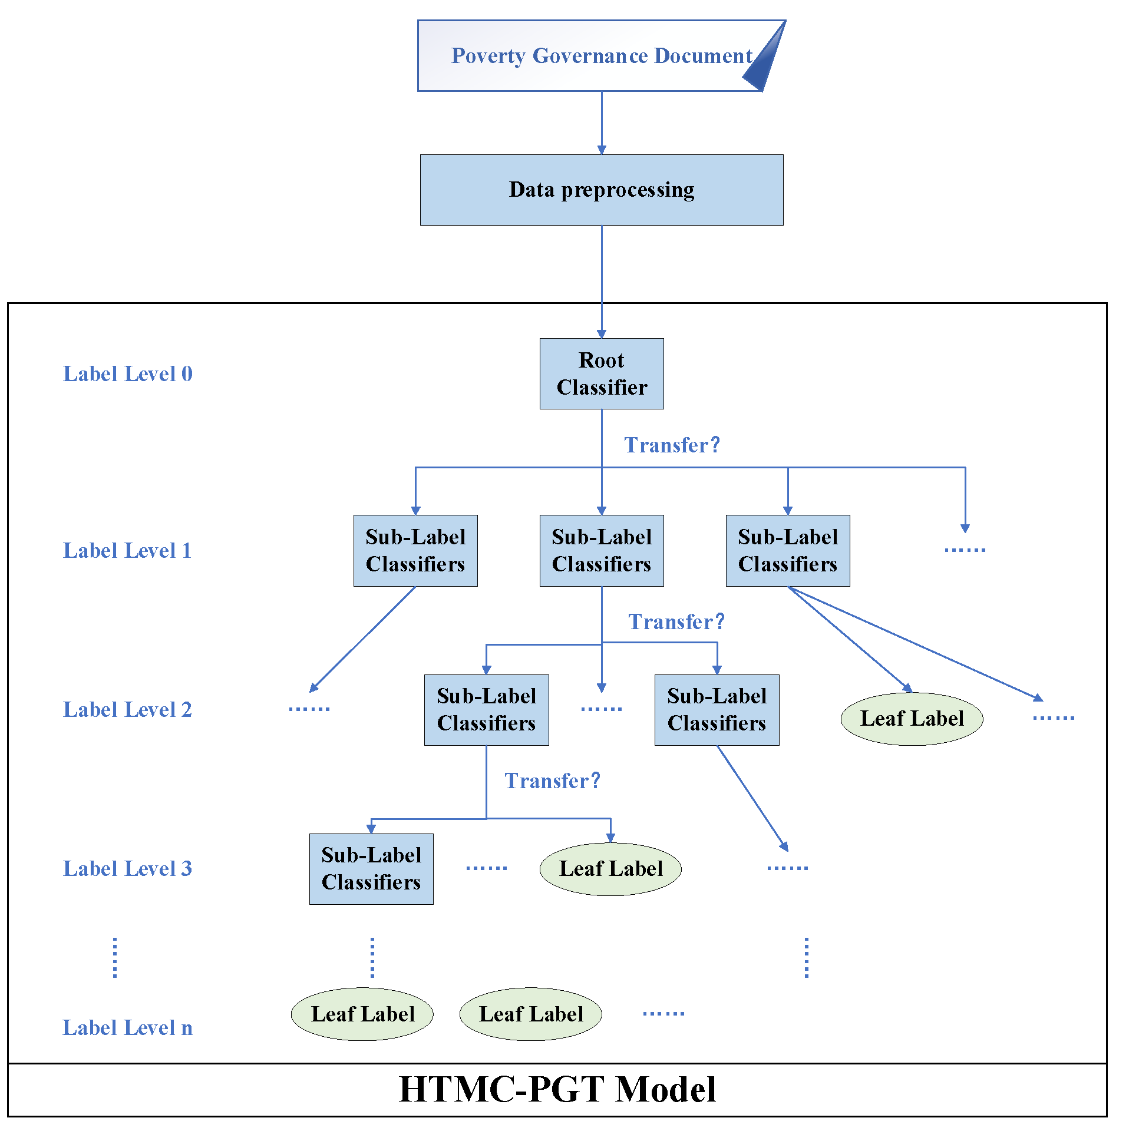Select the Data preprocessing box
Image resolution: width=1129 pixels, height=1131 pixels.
pyautogui.click(x=601, y=190)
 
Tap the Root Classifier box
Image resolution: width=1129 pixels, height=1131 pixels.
pyautogui.click(x=601, y=373)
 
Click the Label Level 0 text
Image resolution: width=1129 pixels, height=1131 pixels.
pyautogui.click(x=127, y=373)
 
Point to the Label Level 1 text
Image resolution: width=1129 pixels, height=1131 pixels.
pyautogui.click(x=127, y=550)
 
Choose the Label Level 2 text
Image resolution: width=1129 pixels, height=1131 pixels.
pyautogui.click(x=127, y=709)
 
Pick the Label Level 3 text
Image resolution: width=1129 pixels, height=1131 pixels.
pyautogui.click(x=127, y=868)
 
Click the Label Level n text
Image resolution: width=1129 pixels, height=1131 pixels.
pyautogui.click(x=127, y=1027)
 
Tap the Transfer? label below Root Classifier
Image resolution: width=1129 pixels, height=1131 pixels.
pyautogui.click(x=672, y=445)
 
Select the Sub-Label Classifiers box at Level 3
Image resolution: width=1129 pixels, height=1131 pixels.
pyautogui.click(x=371, y=868)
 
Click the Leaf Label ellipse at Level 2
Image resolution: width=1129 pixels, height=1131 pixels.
pyautogui.click(x=912, y=718)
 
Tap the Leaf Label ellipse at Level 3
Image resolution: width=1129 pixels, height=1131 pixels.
pyautogui.click(x=610, y=868)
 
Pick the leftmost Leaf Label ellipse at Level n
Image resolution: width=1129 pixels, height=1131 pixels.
pyautogui.click(x=362, y=1014)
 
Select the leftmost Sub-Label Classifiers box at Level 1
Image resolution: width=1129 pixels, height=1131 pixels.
pyautogui.click(x=415, y=550)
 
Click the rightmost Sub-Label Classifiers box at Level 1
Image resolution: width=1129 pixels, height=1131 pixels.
pyautogui.click(x=787, y=550)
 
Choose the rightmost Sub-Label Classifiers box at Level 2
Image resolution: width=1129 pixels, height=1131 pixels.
pyautogui.click(x=717, y=709)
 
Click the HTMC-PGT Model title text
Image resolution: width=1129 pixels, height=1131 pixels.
pyautogui.click(x=557, y=1089)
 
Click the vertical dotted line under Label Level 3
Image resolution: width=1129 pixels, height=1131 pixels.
pyautogui.click(x=115, y=958)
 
